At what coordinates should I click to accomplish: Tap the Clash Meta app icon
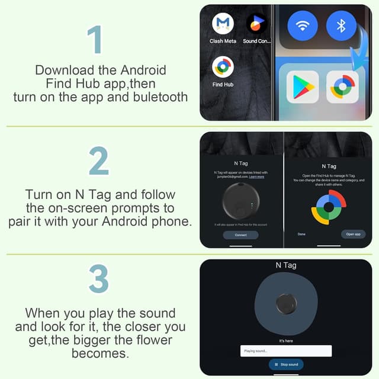(x=223, y=24)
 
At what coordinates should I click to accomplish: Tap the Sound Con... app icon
(x=256, y=24)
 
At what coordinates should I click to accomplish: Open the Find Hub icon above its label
(x=223, y=67)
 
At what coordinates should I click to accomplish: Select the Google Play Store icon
(x=303, y=88)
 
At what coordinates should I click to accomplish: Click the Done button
(x=302, y=234)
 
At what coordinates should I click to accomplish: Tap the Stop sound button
(x=287, y=364)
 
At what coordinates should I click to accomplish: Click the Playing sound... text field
(x=286, y=351)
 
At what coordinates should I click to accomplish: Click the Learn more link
(x=256, y=177)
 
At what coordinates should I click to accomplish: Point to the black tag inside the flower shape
(x=286, y=304)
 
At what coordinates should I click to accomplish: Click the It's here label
(x=287, y=341)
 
